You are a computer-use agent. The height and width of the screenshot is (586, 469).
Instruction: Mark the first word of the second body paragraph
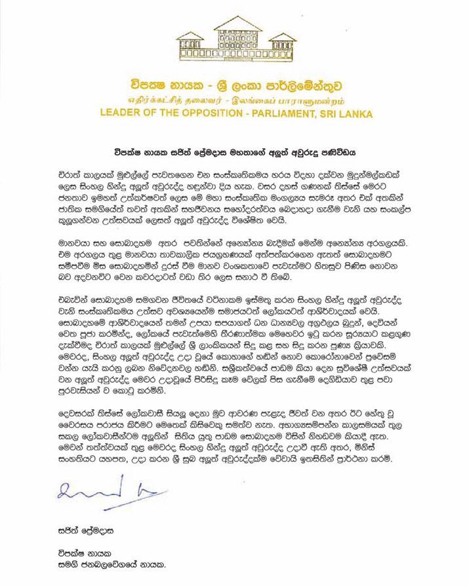pos(66,229)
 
